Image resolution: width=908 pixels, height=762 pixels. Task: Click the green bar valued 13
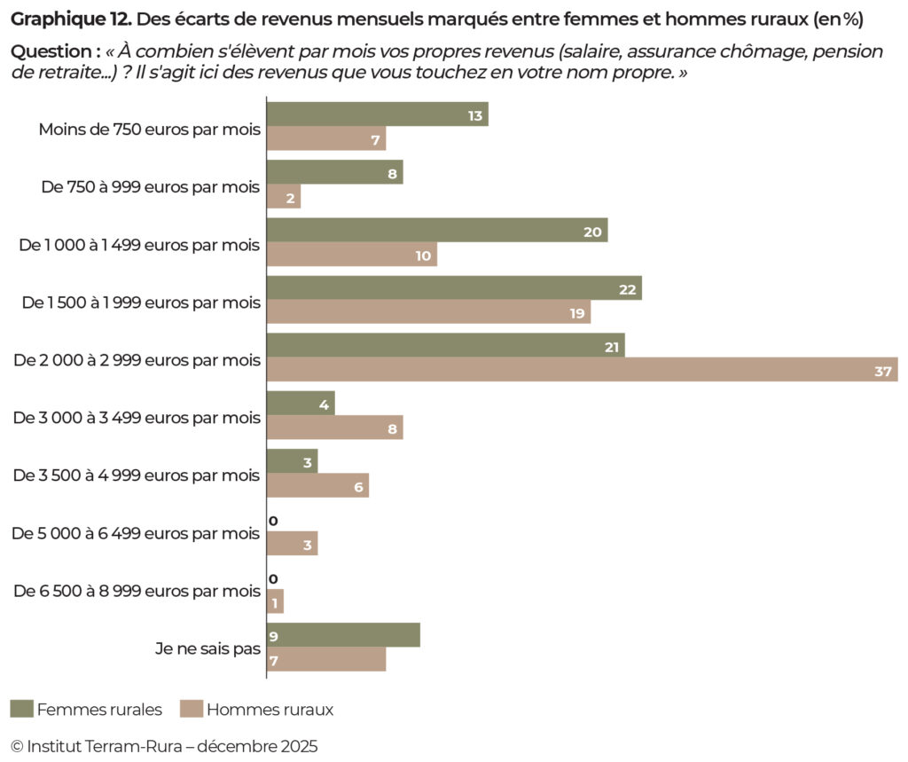click(377, 114)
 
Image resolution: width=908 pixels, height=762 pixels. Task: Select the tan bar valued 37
click(582, 370)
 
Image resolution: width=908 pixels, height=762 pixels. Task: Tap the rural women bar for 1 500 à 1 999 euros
click(453, 288)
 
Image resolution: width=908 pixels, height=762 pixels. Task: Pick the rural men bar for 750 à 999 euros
click(284, 197)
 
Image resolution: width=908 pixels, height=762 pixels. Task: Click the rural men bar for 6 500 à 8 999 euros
click(275, 602)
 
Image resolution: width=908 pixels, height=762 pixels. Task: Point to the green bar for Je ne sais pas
click(343, 635)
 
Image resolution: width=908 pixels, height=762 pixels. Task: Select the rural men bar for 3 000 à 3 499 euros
click(334, 428)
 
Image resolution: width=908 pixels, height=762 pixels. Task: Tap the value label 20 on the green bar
click(592, 232)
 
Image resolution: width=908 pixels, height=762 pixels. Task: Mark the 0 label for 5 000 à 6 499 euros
click(273, 521)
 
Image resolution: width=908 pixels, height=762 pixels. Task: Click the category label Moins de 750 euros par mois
click(149, 130)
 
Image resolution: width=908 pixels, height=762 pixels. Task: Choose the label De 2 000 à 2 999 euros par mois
click(137, 360)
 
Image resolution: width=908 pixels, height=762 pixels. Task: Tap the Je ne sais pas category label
click(207, 648)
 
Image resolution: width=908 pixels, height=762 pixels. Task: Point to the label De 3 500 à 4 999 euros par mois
click(137, 475)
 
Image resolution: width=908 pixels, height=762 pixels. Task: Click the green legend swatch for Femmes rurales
click(21, 709)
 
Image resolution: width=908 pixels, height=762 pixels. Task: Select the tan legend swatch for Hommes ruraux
click(191, 709)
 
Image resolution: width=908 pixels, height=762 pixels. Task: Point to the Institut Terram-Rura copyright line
click(163, 745)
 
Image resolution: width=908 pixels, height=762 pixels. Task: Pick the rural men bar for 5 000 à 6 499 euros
click(292, 544)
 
